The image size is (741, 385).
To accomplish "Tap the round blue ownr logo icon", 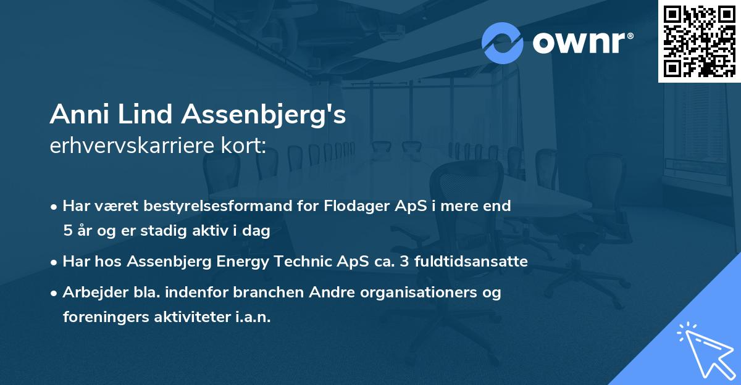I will pos(503,43).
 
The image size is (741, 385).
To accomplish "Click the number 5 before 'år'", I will pos(67,231).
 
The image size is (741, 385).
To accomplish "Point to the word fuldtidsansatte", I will pos(477,262).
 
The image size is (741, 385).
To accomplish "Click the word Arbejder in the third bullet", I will pos(90,292).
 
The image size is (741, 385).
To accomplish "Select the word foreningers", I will pos(103,317).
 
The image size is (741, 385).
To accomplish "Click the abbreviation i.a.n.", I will pos(253,317).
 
